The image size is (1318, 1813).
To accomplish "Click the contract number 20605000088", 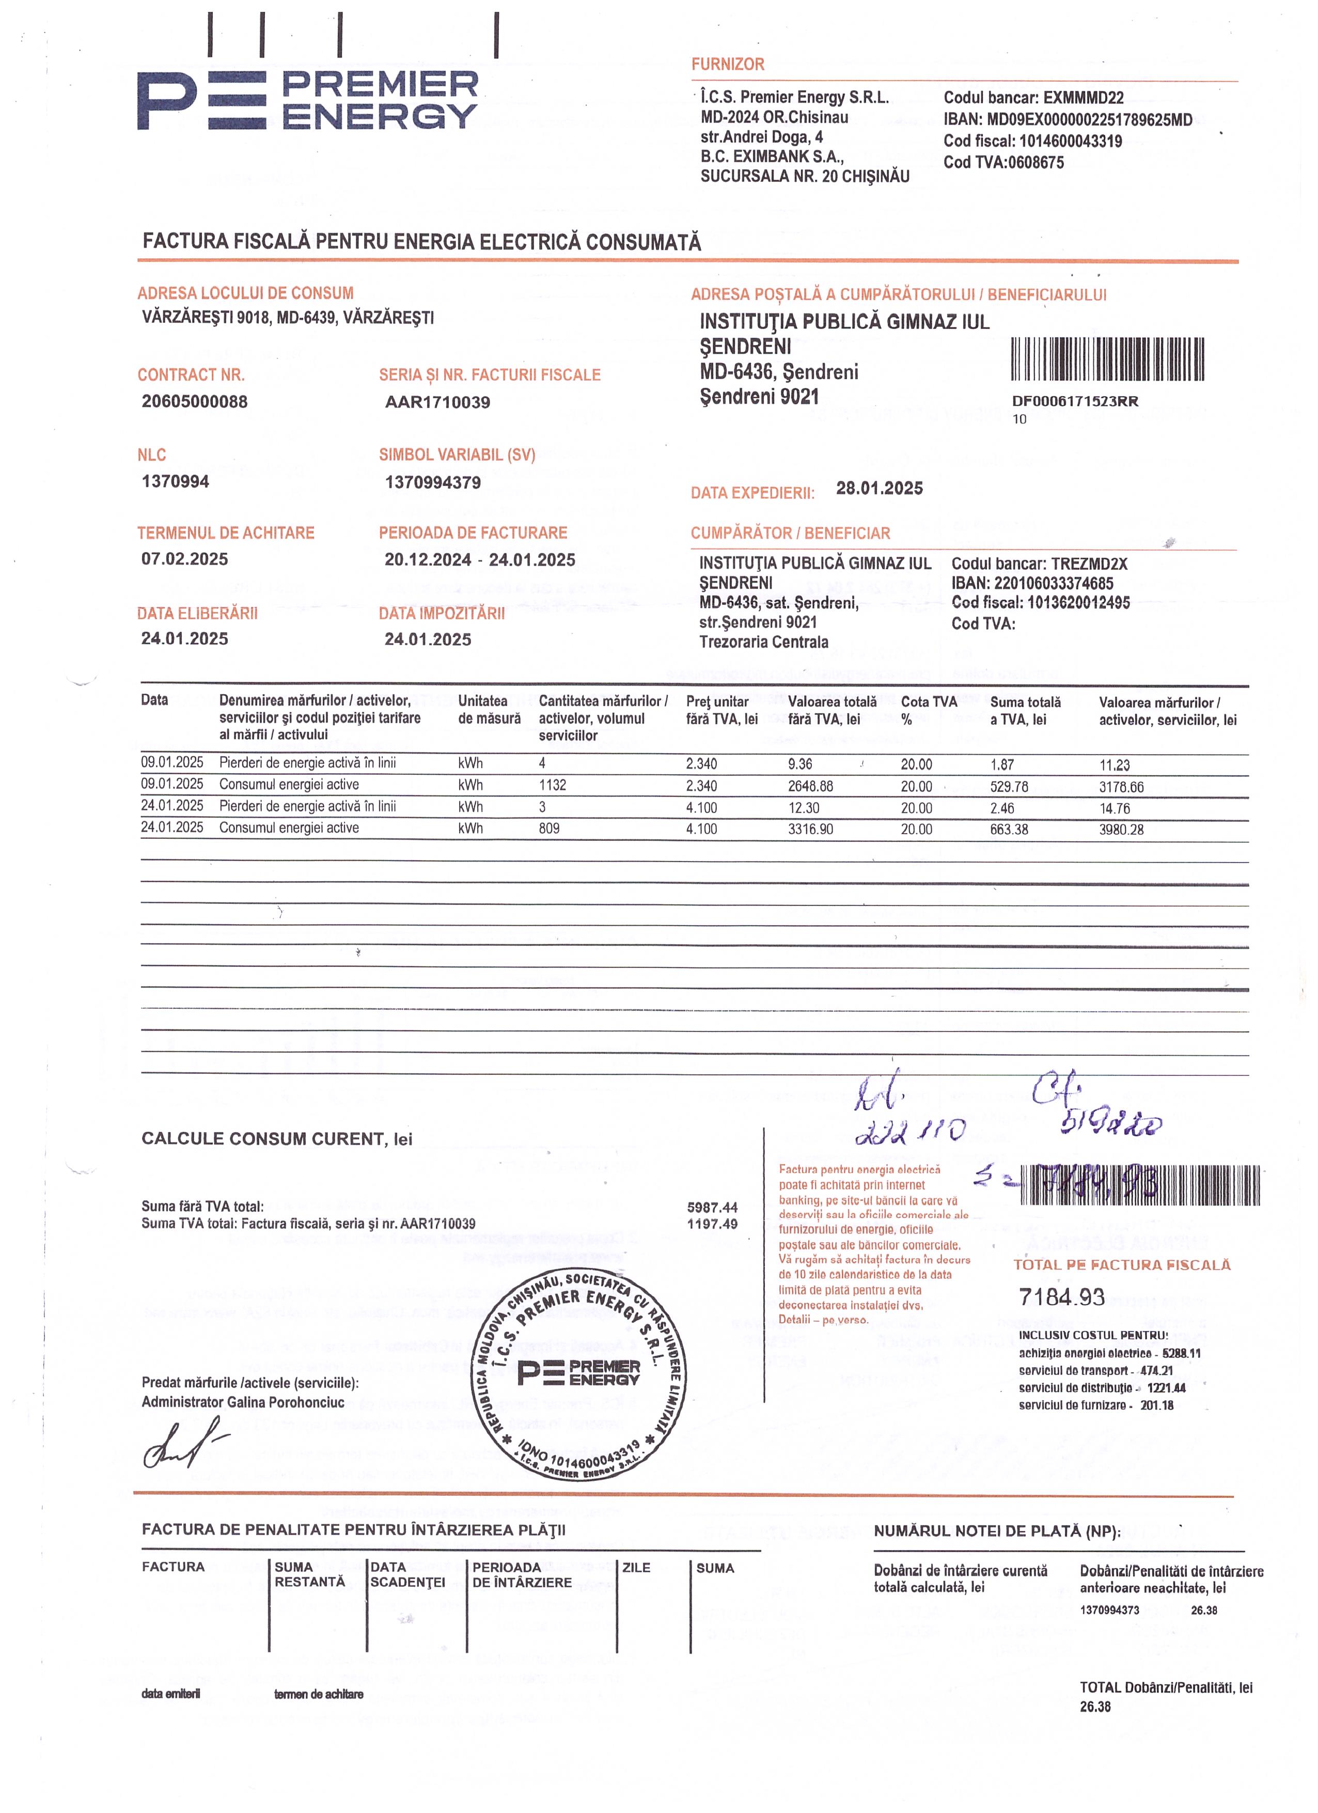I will (x=194, y=401).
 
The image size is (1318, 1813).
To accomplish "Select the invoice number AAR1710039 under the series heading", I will (x=437, y=402).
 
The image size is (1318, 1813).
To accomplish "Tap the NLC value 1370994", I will (x=175, y=481).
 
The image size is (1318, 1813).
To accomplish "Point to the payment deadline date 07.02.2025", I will (x=184, y=559).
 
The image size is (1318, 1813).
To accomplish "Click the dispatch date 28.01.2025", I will (x=879, y=489).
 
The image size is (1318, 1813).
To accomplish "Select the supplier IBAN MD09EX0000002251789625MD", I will (x=1089, y=120).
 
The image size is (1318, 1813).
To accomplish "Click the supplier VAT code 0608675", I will (x=1036, y=162).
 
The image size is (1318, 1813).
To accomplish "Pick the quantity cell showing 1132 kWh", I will (x=552, y=785).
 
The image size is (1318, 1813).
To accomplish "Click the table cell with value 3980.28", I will (x=1121, y=830).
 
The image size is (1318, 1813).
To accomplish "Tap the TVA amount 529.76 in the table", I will (x=1009, y=787).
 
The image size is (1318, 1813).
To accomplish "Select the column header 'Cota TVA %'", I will (x=928, y=710).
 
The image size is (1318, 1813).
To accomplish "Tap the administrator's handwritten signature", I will (x=182, y=1447).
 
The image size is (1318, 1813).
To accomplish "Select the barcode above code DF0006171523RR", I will (x=1108, y=360).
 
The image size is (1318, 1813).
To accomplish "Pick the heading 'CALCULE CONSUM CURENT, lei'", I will (x=276, y=1139).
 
